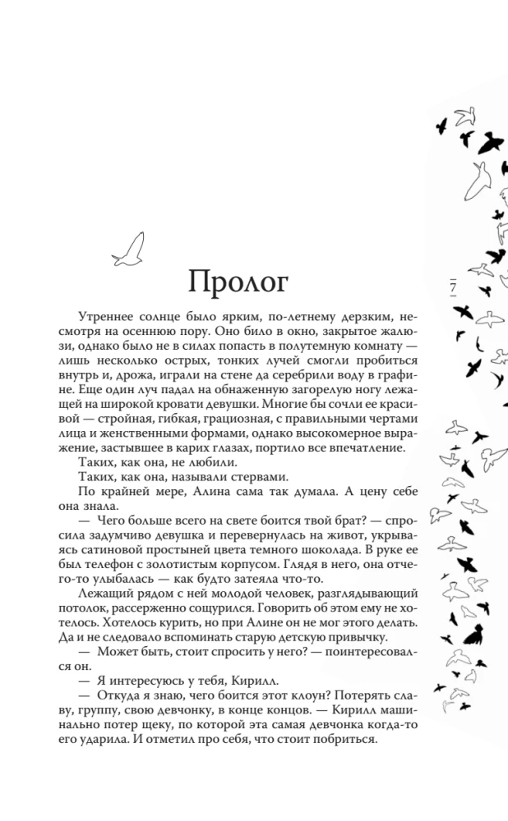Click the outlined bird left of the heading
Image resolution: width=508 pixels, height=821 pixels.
(128, 249)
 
